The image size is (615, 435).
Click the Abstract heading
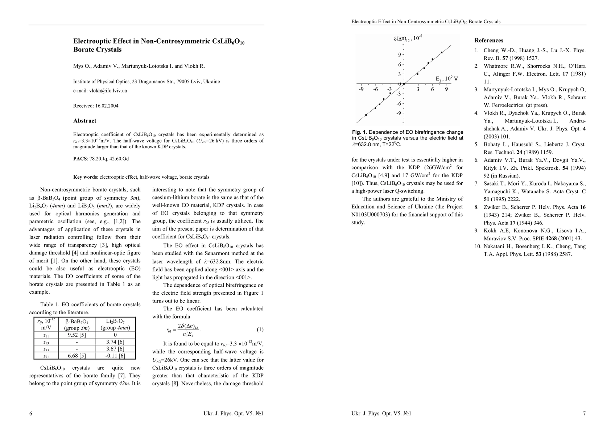coord(85,121)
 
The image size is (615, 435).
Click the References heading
coord(489,40)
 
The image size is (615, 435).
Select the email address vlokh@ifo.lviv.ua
coord(108,91)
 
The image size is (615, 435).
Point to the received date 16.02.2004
coord(107,106)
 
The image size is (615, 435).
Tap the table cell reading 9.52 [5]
coord(77,335)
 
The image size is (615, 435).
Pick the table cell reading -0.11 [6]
coord(115,356)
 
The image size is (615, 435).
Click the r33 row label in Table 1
coord(46,349)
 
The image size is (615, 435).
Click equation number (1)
coord(260,330)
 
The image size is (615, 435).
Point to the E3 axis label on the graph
coord(446,78)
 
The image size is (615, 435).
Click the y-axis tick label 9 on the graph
coord(400,55)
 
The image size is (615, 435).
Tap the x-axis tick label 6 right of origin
coord(432,89)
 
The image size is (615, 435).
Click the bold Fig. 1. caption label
coord(359,132)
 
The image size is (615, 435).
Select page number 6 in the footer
coord(31,414)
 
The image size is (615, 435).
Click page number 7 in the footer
coord(584,414)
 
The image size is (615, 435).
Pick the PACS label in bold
coord(80,158)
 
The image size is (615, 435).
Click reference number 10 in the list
coord(478,246)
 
